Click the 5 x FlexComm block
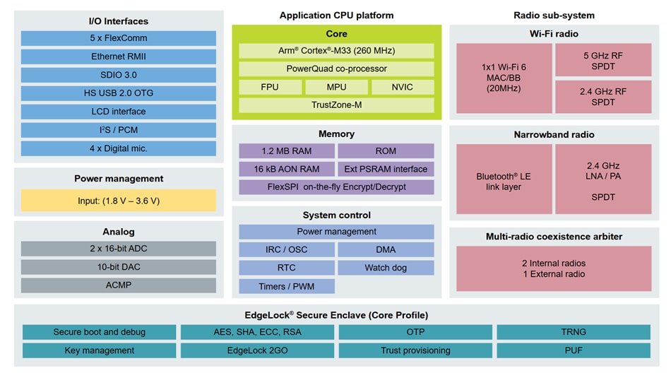pyautogui.click(x=119, y=38)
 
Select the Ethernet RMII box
pyautogui.click(x=119, y=57)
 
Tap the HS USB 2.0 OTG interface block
pyautogui.click(x=119, y=93)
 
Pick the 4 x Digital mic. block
pyautogui.click(x=119, y=148)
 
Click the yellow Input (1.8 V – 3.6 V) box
pyautogui.click(x=119, y=201)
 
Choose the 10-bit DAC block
pyautogui.click(x=119, y=267)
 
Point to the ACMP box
pyautogui.click(x=119, y=285)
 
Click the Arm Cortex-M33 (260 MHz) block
pyautogui.click(x=336, y=51)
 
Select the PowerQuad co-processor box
pyautogui.click(x=336, y=69)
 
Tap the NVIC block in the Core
pyautogui.click(x=403, y=87)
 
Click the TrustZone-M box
pyautogui.click(x=336, y=105)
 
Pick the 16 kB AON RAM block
pyautogui.click(x=286, y=169)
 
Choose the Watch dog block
pyautogui.click(x=386, y=268)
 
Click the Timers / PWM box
pyautogui.click(x=286, y=286)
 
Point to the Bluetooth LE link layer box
pyautogui.click(x=503, y=179)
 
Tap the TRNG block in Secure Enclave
pyautogui.click(x=574, y=332)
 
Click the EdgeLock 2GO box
pyautogui.click(x=257, y=350)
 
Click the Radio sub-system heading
pyautogui.click(x=554, y=15)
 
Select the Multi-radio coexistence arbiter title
pyautogui.click(x=554, y=236)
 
